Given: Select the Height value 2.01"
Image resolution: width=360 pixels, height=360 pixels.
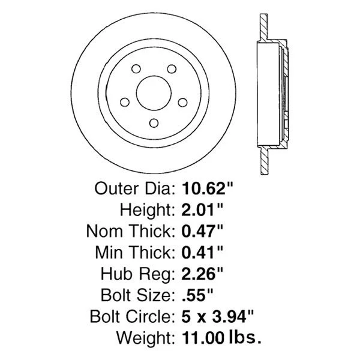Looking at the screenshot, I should [x=202, y=209].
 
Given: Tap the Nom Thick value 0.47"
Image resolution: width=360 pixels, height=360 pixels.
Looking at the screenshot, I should [x=202, y=231].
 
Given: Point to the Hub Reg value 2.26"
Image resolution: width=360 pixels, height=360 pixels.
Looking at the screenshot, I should [x=202, y=274].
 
